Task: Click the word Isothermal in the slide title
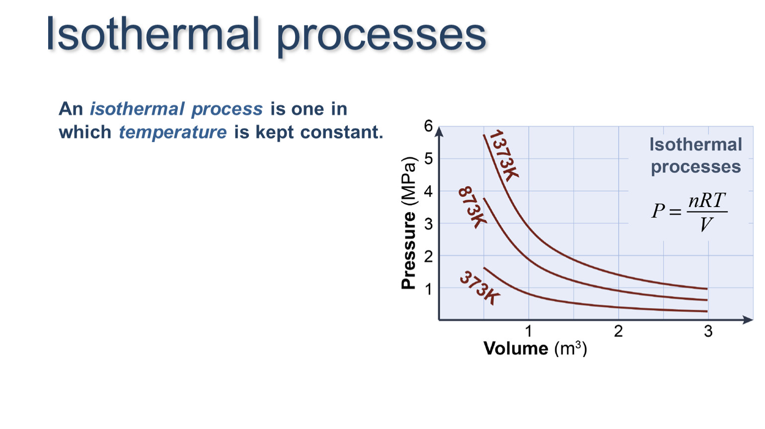point(153,34)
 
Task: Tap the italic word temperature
point(173,133)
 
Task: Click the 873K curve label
point(472,207)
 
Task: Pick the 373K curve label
point(480,287)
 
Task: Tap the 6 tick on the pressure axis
point(428,126)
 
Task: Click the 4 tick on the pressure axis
point(428,192)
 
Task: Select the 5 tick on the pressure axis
point(428,159)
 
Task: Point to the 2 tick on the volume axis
point(618,331)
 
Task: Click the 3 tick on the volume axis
point(708,331)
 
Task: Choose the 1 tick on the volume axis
point(529,331)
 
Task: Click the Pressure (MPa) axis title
point(408,223)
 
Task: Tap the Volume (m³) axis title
point(535,349)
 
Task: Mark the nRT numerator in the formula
point(706,200)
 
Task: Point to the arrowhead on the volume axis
point(748,319)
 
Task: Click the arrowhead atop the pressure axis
point(440,132)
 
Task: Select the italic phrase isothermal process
point(176,109)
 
